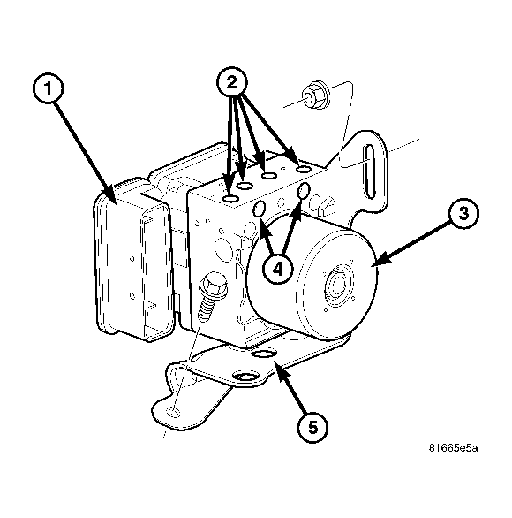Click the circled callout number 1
[49, 88]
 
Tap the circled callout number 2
[232, 82]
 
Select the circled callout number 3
[463, 213]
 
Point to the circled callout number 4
[278, 269]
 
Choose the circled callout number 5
[312, 427]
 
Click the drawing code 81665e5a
[453, 448]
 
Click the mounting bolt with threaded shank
[211, 295]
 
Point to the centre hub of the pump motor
[337, 282]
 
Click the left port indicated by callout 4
[259, 209]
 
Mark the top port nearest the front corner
[231, 199]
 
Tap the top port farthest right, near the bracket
[303, 170]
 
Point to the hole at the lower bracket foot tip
[174, 412]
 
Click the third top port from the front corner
[269, 176]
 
